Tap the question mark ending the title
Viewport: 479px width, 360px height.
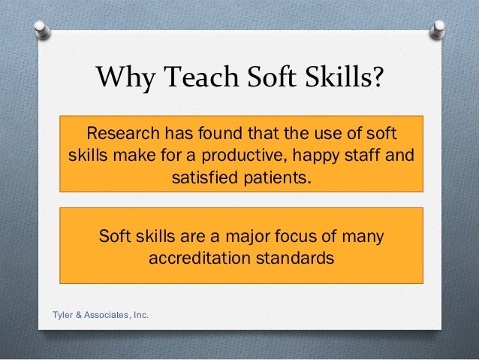(x=377, y=76)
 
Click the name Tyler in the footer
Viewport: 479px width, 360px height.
(x=62, y=314)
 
